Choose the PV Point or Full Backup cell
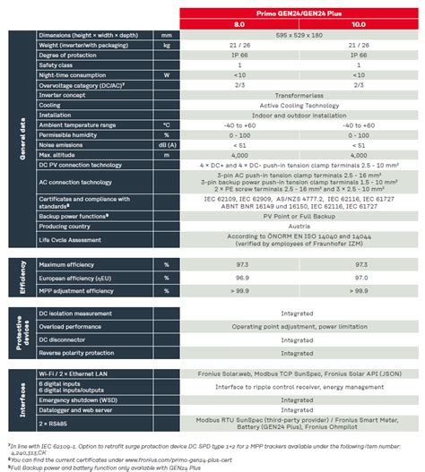tap(299, 216)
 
